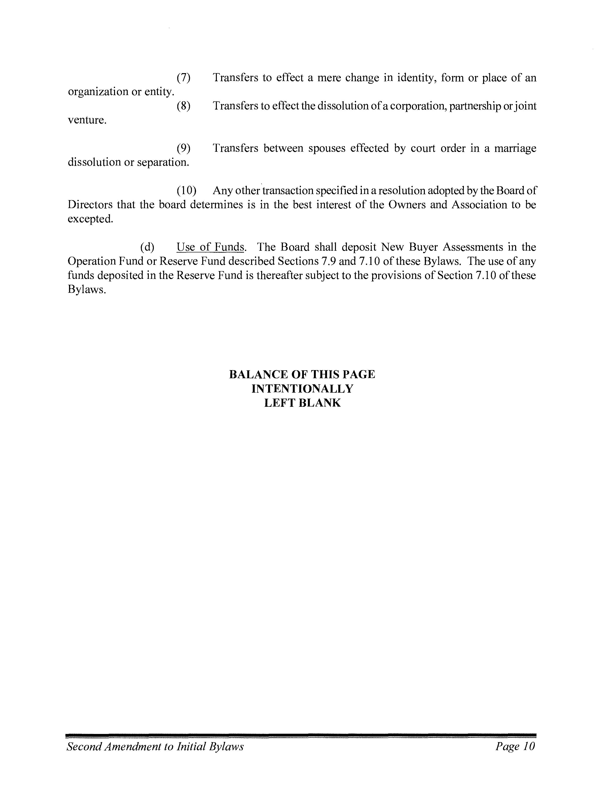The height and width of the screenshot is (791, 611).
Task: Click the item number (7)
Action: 184,78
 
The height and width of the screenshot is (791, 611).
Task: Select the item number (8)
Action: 184,106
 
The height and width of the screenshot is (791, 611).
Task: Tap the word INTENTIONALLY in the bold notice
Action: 302,389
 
